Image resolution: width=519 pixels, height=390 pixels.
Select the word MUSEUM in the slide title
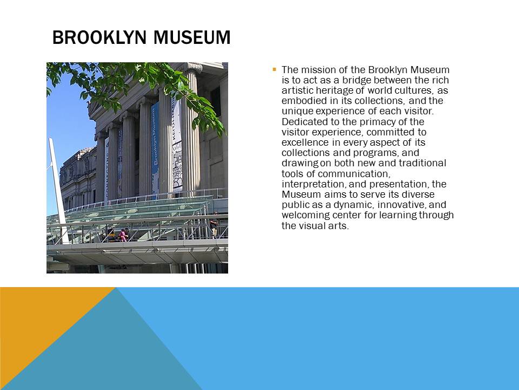pos(192,37)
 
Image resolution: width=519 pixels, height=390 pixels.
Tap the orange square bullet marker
pos(275,69)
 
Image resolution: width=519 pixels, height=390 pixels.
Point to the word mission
pos(320,70)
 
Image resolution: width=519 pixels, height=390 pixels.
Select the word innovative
pos(402,205)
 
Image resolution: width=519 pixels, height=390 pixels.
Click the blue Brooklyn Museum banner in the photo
pos(155,147)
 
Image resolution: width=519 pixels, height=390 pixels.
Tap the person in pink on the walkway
pos(123,235)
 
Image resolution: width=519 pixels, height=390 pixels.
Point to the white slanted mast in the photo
pos(58,191)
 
